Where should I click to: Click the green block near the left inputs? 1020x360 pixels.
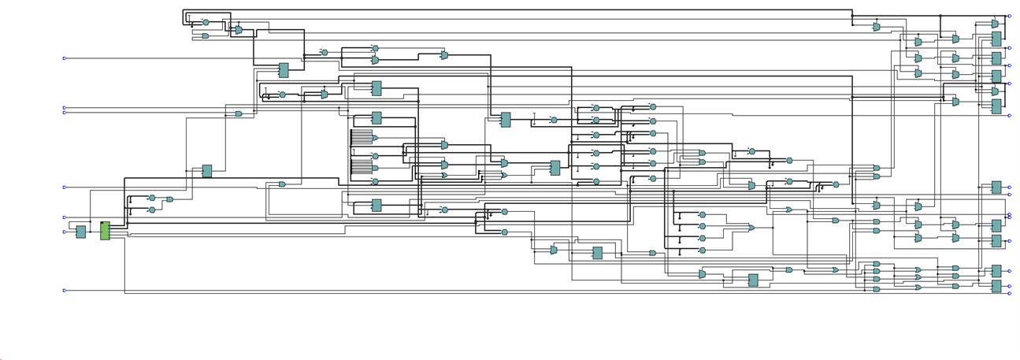tap(105, 231)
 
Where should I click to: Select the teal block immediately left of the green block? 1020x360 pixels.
tap(80, 232)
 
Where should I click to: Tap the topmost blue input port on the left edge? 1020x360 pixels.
tap(65, 58)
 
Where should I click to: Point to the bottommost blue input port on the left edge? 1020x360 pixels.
tap(65, 291)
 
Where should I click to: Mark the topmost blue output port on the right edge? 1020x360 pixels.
tap(1010, 17)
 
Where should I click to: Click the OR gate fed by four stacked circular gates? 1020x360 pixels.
tap(751, 228)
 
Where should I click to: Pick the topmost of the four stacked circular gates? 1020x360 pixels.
tap(703, 214)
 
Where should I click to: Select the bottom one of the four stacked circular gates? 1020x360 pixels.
tap(703, 251)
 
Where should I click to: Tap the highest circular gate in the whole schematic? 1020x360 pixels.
tap(206, 23)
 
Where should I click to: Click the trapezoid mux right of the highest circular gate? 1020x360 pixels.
tap(238, 30)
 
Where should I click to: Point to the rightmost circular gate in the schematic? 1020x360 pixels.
tap(836, 185)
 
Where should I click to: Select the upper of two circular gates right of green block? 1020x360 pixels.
tap(152, 199)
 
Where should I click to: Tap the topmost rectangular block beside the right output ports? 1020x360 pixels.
tap(996, 39)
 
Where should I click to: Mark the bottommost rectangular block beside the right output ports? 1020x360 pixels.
tap(996, 287)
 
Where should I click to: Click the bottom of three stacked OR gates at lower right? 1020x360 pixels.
tap(918, 288)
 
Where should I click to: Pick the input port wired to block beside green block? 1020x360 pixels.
tap(65, 232)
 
